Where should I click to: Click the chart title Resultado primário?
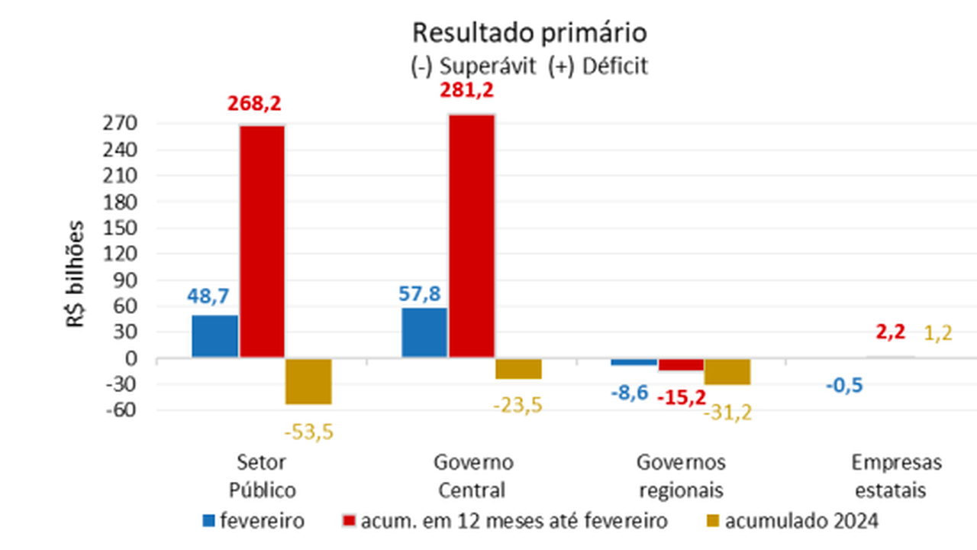pos(529,33)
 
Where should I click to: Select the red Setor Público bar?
pos(262,241)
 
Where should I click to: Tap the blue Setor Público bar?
pos(214,336)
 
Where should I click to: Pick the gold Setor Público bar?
pos(308,380)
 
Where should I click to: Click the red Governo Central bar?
pos(471,235)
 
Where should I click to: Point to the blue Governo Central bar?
pos(424,332)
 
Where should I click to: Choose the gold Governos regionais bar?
pos(727,371)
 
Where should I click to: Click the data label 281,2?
pos(467,91)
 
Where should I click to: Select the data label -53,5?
pos(309,432)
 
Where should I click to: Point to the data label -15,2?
pos(681,396)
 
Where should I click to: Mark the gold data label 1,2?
pos(938,333)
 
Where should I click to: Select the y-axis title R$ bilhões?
pos(76,275)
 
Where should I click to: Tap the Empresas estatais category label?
pos(897,476)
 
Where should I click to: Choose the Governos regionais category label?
pos(681,476)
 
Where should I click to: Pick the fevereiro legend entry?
pos(253,522)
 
